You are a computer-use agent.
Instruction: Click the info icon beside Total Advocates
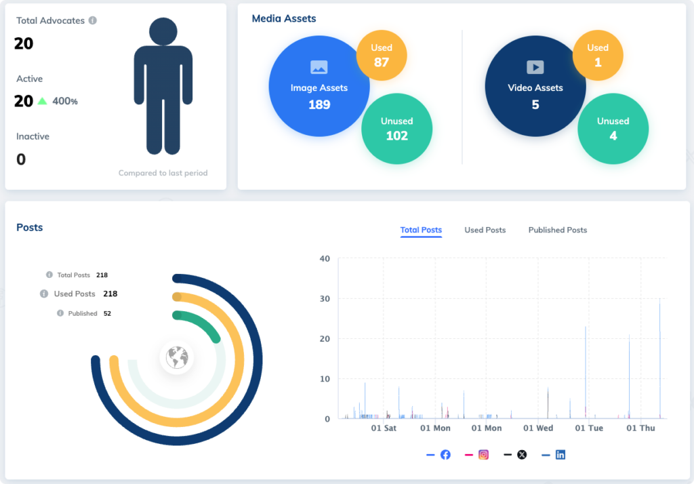pos(93,20)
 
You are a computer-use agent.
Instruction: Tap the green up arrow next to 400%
pos(42,101)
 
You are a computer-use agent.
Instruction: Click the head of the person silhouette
pos(163,31)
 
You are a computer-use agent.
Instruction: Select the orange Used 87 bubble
pos(382,55)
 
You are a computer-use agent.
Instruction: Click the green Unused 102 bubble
pos(396,129)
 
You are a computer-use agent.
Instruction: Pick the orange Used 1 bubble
pos(598,55)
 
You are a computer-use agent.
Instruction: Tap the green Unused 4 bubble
pos(613,129)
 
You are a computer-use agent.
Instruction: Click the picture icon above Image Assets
pos(319,67)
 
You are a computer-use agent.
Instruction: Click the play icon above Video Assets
pos(535,67)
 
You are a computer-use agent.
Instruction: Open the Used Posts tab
pos(485,230)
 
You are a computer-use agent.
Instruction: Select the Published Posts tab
pos(557,230)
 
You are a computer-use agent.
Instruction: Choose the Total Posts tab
pos(421,230)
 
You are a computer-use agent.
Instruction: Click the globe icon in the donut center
pos(177,357)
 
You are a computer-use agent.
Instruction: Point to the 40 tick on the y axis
pos(325,258)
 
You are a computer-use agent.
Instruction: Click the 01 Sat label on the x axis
pos(384,428)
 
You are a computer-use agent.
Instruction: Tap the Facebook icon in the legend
pos(445,455)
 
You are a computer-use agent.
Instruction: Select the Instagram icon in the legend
pos(483,455)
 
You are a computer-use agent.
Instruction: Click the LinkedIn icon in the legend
pos(560,455)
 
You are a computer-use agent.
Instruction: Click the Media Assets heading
pos(284,18)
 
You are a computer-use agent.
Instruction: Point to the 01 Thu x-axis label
pos(640,428)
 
